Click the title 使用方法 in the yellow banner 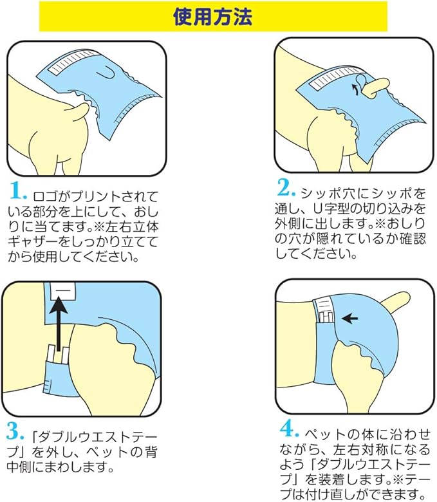pyautogui.click(x=212, y=16)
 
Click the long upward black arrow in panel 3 pyautogui.click(x=59, y=323)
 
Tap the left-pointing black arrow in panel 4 pyautogui.click(x=349, y=318)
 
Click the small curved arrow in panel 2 pyautogui.click(x=355, y=89)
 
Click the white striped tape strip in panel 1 pyautogui.click(x=74, y=62)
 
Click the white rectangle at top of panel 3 pyautogui.click(x=63, y=291)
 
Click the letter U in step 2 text pyautogui.click(x=316, y=209)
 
